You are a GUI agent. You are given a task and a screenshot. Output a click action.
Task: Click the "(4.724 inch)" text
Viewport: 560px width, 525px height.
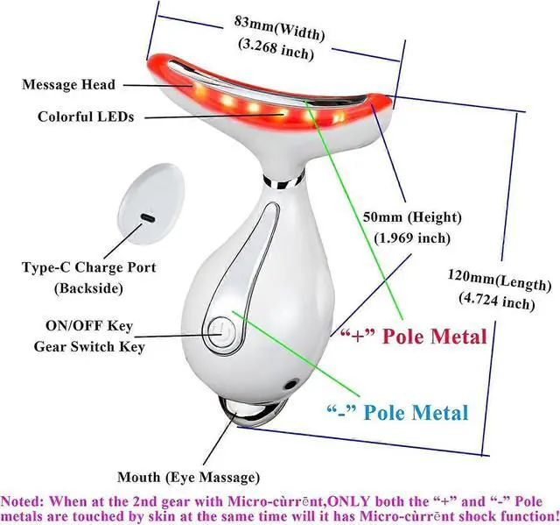click(495, 303)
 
